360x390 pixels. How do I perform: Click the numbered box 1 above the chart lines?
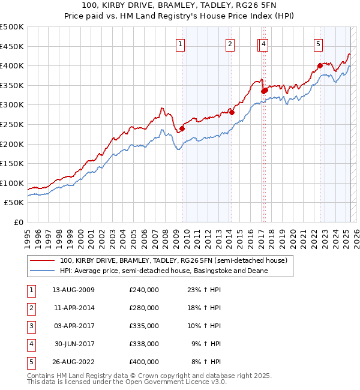tap(181, 43)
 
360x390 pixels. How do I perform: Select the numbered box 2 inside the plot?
tap(230, 43)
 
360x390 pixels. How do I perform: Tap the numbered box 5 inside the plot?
tap(318, 43)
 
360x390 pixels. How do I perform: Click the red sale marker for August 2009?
tap(182, 128)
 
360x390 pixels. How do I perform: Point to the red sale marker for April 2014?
tap(232, 112)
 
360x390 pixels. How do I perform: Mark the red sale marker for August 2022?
tap(320, 65)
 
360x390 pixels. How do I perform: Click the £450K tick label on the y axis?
tap(12, 46)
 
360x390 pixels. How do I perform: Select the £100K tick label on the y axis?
tap(12, 183)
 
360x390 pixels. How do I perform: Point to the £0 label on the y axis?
tap(19, 223)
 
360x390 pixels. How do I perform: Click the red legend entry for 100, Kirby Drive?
tap(174, 261)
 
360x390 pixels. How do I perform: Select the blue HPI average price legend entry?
tap(163, 271)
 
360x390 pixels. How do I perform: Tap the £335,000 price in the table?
tap(144, 326)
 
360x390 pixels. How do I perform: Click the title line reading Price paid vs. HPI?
tap(181, 17)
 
